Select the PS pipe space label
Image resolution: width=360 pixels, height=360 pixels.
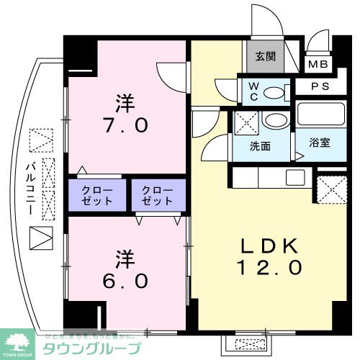point(320,86)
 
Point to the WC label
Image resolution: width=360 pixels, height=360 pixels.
point(254,91)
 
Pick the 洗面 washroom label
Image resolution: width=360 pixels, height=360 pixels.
point(260,146)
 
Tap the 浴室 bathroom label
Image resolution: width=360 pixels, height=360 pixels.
point(320,142)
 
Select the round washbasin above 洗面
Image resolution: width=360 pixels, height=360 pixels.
point(275,120)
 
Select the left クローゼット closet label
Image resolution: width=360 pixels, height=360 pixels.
point(98,195)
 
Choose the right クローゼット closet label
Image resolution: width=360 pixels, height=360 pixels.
point(157,195)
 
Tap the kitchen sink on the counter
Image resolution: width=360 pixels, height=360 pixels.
point(295,177)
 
